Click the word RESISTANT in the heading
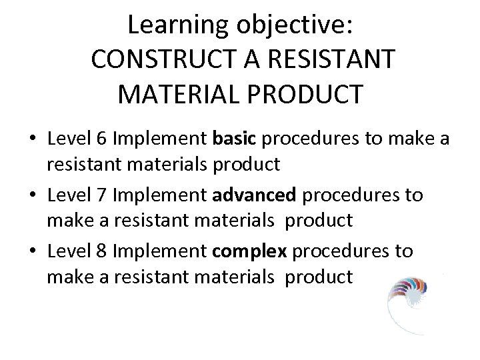[x=334, y=59]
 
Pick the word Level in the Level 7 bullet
[x=70, y=195]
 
